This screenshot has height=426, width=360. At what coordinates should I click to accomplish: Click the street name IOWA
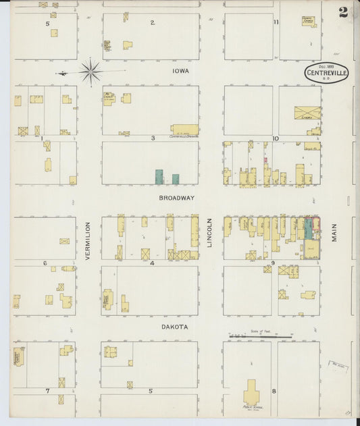tap(180, 70)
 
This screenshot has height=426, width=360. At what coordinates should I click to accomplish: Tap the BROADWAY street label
tap(177, 198)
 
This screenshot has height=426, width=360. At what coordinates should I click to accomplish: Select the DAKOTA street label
tap(174, 327)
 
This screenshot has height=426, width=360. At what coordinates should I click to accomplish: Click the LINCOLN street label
tap(209, 234)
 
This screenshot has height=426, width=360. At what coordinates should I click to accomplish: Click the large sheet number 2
tap(344, 12)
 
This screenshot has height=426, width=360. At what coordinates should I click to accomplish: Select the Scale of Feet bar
tap(260, 336)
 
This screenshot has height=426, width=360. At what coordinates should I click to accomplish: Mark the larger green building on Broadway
tap(159, 177)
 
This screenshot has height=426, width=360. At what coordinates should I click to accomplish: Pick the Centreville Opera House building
tap(184, 129)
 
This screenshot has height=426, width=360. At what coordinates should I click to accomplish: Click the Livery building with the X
tap(307, 112)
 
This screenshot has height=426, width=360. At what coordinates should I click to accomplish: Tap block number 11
tap(276, 22)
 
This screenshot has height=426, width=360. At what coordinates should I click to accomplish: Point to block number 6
tap(45, 263)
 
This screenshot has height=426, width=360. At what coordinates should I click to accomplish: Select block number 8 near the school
tap(274, 390)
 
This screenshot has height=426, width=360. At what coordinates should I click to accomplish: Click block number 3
tap(153, 138)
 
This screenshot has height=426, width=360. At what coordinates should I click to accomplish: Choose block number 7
tap(47, 390)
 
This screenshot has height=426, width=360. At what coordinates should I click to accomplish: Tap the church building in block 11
tap(309, 22)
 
